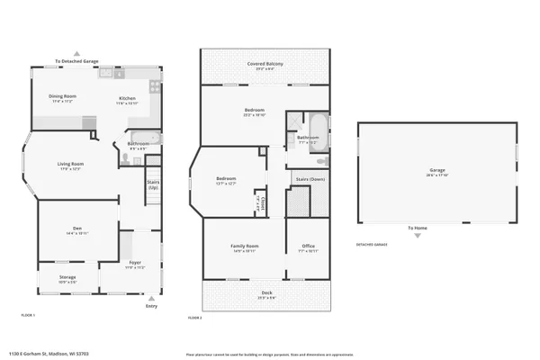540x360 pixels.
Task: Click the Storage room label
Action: coord(67,276)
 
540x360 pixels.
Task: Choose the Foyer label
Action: coord(133,264)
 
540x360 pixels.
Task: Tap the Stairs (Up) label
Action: coord(153,184)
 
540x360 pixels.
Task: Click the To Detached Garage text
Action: coord(76,61)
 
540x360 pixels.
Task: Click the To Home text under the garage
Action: coord(417,228)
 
